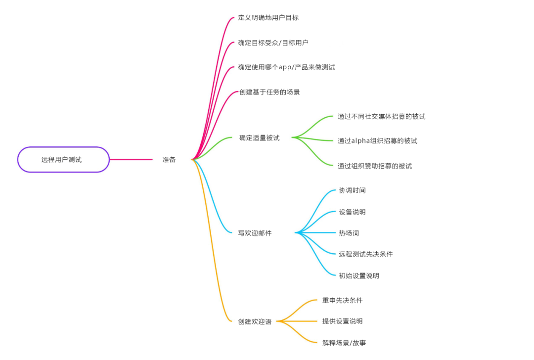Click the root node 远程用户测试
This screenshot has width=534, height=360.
point(63,159)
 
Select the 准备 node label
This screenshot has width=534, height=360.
point(169,160)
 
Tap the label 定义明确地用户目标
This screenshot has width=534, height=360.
point(268,18)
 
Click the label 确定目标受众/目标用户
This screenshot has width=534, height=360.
point(273,43)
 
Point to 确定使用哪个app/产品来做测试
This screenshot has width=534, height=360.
point(286,67)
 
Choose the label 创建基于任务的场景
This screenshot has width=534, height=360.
point(269,92)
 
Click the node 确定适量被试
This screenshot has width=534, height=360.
point(259,138)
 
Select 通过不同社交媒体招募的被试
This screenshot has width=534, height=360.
point(381,117)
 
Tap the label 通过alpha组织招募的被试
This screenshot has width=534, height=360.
point(377,140)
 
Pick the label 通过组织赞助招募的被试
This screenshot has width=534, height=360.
point(375,166)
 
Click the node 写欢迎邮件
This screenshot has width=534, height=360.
point(255,233)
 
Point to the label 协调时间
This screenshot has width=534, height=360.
point(352,190)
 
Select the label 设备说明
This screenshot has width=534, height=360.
point(352,212)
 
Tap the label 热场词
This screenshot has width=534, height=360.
point(349,233)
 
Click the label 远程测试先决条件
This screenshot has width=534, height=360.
point(366,254)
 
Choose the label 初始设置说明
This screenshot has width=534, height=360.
point(359,275)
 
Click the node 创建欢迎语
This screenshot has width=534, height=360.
point(255,321)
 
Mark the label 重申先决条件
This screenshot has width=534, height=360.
point(342,300)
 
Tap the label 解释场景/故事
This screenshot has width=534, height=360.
point(344,343)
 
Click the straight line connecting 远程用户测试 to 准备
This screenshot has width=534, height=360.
point(131,159)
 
